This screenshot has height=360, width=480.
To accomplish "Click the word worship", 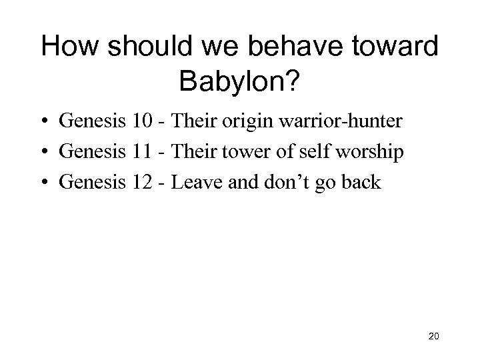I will click(370, 153).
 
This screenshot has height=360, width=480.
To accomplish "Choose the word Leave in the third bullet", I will click(193, 183).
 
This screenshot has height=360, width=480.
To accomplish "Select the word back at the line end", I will click(360, 183).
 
